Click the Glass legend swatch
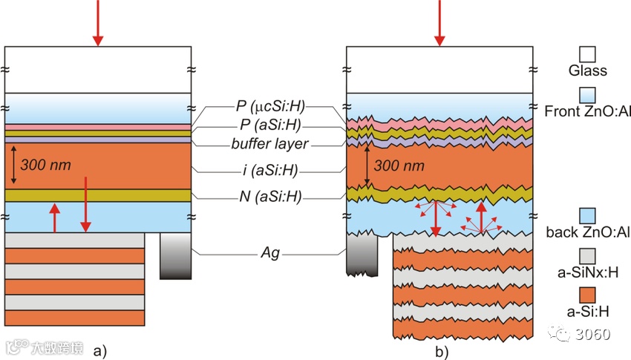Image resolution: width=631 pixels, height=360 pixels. click(587, 54)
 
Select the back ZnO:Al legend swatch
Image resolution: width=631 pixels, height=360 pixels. click(587, 216)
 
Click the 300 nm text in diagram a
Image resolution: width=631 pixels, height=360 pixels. click(46, 164)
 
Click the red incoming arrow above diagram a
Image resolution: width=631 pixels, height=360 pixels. click(97, 22)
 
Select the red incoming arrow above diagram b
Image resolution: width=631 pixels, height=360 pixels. click(439, 22)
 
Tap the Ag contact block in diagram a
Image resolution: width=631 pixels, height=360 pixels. click(176, 256)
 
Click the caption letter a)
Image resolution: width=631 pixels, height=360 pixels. click(99, 350)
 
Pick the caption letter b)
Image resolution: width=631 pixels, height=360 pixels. click(441, 350)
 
